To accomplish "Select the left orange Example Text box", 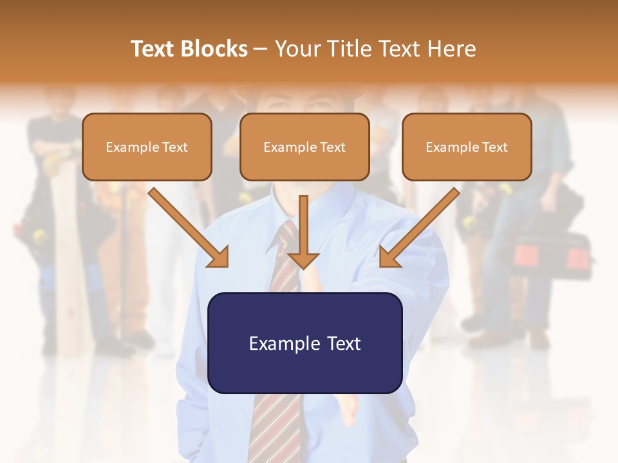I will pyautogui.click(x=147, y=147).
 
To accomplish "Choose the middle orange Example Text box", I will pyautogui.click(x=304, y=147).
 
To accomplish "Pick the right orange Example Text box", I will pyautogui.click(x=467, y=147).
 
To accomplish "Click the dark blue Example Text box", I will pyautogui.click(x=304, y=343).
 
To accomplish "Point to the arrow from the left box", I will pyautogui.click(x=187, y=225).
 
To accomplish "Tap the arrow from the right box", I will pyautogui.click(x=422, y=225).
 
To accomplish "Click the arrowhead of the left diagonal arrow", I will pyautogui.click(x=219, y=257).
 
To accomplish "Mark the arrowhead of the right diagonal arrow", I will pyautogui.click(x=389, y=257).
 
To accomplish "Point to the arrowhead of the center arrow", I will pyautogui.click(x=303, y=259).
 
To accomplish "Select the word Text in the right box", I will pyautogui.click(x=494, y=147).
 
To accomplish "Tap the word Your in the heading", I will pyautogui.click(x=297, y=49).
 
